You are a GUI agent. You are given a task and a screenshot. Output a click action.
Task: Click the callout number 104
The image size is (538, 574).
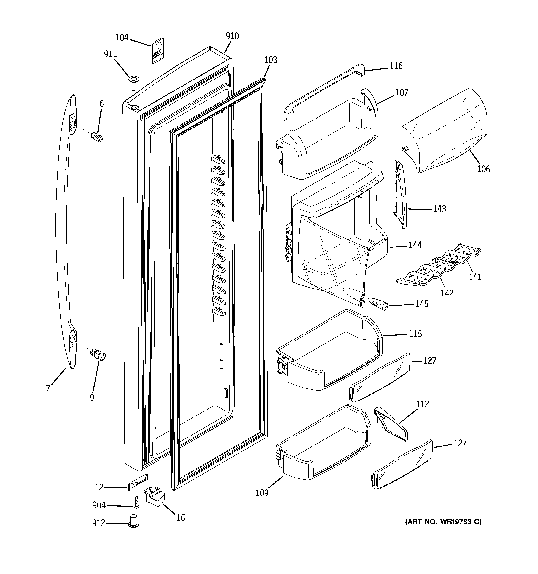click(122, 38)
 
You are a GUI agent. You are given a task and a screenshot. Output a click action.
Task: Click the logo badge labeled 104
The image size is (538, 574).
click(157, 51)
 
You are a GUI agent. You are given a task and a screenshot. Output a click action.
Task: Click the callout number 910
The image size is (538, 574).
click(232, 36)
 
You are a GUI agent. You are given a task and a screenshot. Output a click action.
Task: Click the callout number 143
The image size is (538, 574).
click(439, 209)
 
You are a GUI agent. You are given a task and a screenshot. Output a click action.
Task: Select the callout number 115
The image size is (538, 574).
click(415, 334)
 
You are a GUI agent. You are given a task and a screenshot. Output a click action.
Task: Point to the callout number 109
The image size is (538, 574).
click(262, 493)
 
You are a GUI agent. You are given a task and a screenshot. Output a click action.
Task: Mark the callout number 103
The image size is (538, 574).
click(271, 60)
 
